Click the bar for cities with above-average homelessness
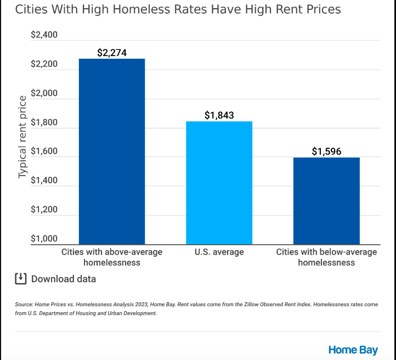[x=112, y=151]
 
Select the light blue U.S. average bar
[x=219, y=183]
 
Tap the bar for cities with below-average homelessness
[x=326, y=201]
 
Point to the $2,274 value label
[x=112, y=53]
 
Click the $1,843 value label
[x=219, y=115]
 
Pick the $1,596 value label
[x=326, y=151]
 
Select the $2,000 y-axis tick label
[x=44, y=94]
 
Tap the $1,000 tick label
[x=44, y=239]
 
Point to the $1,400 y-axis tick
[x=44, y=181]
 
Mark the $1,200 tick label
[x=44, y=210]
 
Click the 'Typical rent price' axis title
[x=22, y=137]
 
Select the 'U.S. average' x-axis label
[x=219, y=252]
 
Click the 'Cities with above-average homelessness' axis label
[x=112, y=257]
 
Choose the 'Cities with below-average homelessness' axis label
[x=326, y=257]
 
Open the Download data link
[x=63, y=279]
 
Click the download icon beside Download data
[x=20, y=278]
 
